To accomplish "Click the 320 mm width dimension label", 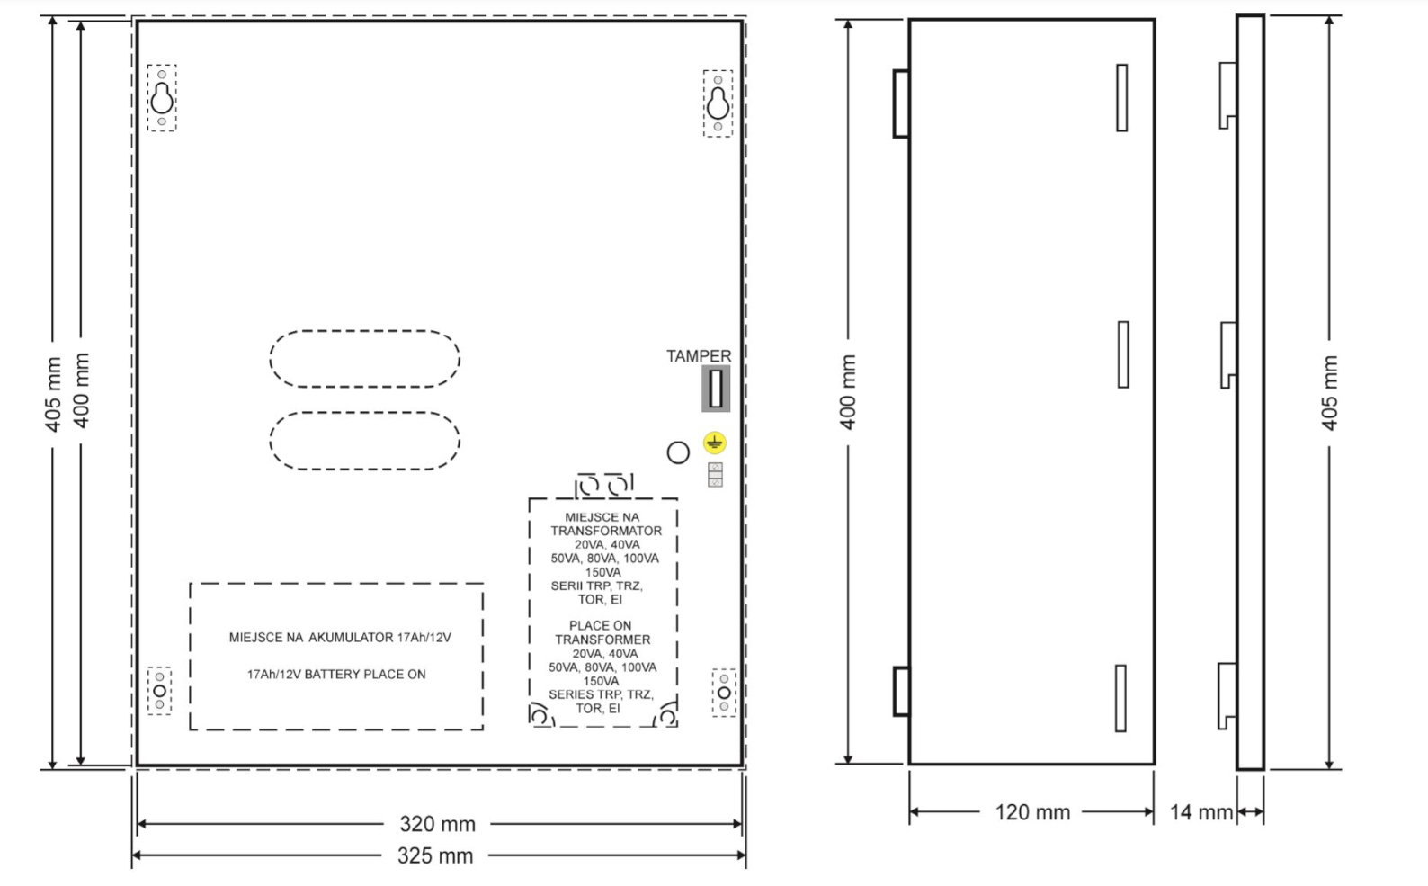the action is (437, 824).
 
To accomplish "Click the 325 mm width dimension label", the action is (435, 856).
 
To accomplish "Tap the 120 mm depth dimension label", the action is (1032, 812).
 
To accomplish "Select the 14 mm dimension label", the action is (1201, 812).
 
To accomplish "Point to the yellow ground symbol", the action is (715, 443).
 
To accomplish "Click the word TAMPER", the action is (699, 356).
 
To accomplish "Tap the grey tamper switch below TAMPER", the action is (716, 389).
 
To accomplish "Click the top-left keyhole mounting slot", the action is (162, 98).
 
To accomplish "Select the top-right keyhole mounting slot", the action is (718, 103).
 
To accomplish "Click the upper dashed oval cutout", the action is (365, 330).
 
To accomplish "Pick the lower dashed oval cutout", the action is (365, 413).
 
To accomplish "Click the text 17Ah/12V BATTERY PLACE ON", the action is (336, 675).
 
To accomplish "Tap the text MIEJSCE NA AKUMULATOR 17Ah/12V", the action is (340, 637).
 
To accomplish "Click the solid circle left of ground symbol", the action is (678, 442).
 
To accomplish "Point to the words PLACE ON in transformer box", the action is (600, 626).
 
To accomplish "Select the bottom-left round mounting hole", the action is (160, 691).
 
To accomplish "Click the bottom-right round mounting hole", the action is (724, 693).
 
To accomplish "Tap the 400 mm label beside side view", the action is (848, 391).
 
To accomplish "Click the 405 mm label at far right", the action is (1330, 393).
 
